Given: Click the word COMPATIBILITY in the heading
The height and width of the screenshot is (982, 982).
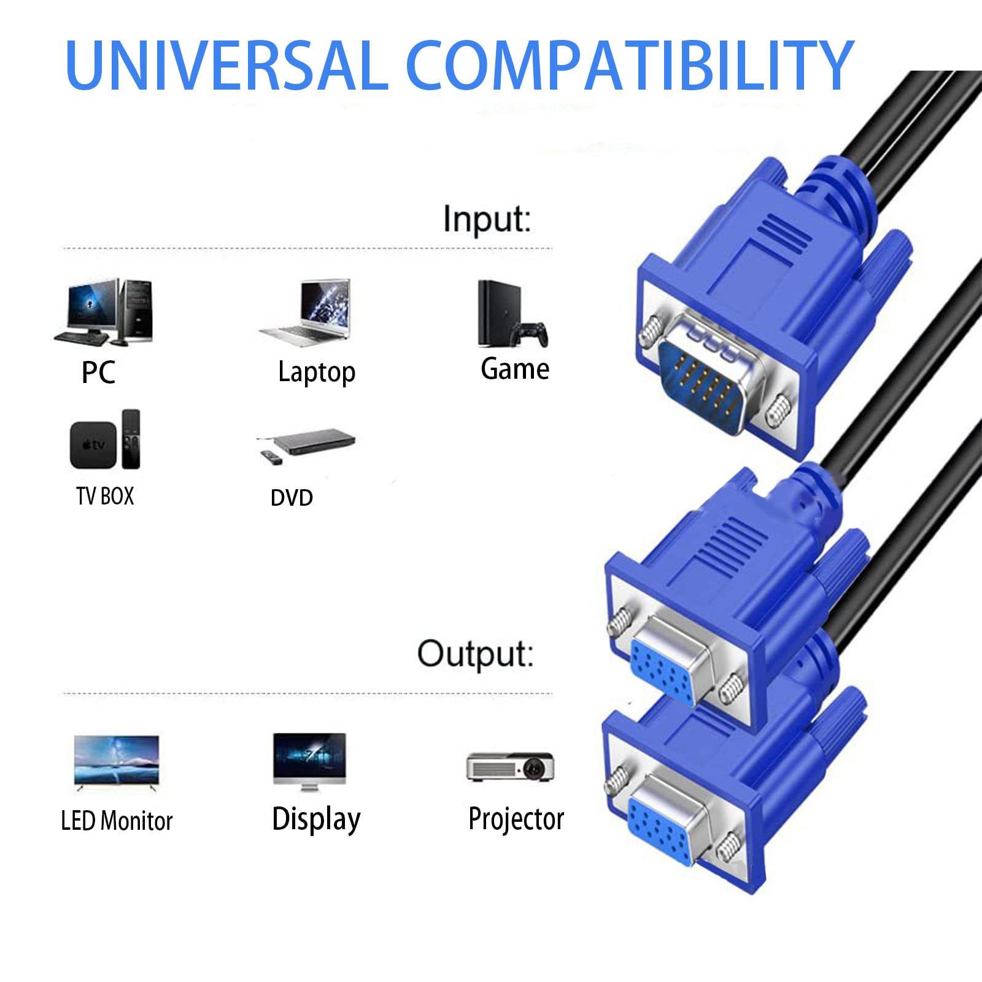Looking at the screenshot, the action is [629, 65].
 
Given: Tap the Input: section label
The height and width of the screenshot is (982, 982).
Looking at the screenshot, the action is [487, 218].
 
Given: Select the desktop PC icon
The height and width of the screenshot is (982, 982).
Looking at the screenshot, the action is [103, 311].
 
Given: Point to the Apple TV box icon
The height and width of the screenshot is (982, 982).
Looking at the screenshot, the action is [105, 439].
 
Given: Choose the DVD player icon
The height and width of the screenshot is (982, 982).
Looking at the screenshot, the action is [306, 446].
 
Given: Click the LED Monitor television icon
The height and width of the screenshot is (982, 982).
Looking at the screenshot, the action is [117, 761].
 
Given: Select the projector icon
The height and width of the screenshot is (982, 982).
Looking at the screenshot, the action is [510, 767].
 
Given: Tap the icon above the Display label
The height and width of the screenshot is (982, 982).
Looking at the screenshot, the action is [310, 762].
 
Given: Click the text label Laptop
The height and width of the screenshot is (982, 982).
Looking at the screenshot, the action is [317, 373].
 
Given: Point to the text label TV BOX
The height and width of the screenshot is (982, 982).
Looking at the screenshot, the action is [105, 496].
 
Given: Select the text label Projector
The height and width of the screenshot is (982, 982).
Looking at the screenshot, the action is [516, 819].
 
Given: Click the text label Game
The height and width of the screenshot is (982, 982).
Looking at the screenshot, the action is [515, 369].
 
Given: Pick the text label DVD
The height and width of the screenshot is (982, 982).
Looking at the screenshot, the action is [292, 498].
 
